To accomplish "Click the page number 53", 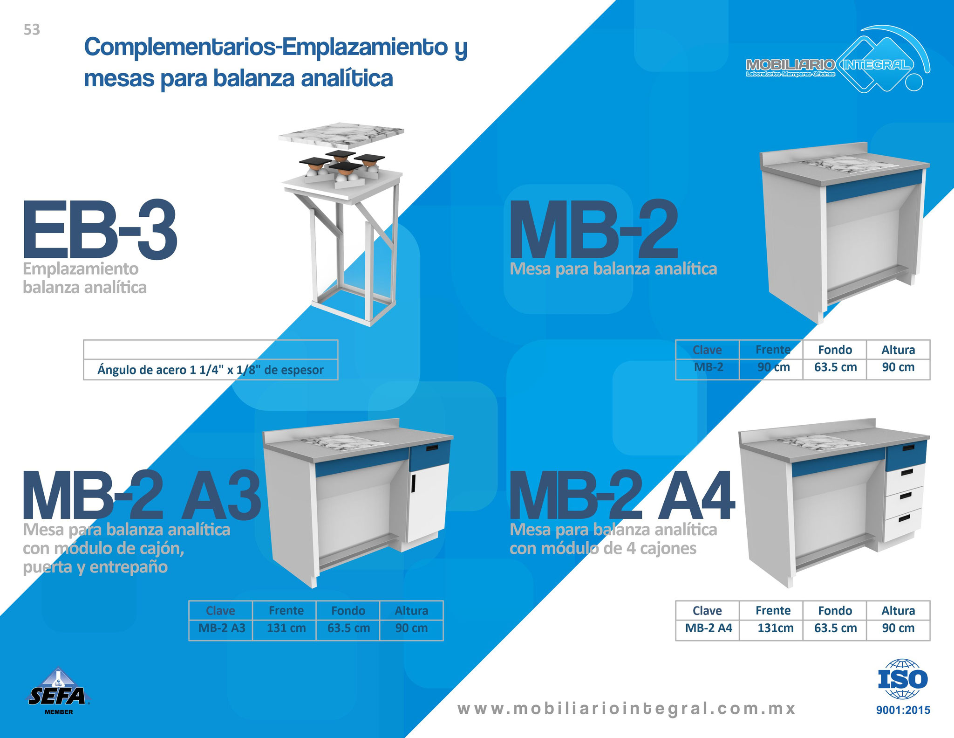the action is point(32,30).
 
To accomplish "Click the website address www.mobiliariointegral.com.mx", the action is point(627,709).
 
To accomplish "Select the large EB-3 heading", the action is point(100,230).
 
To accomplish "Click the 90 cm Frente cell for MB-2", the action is point(773,367).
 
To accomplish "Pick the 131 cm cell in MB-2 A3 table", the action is point(286,628).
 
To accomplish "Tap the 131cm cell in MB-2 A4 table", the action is point(775,628).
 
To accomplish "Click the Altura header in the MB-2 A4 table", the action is point(898,611).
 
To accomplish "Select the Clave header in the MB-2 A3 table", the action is point(220,611).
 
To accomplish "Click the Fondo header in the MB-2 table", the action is point(835,350).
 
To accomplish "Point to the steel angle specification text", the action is point(211,370).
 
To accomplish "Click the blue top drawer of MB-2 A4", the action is point(906,454).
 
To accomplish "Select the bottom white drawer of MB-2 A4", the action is point(903,523).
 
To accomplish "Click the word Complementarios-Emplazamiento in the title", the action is point(266,47).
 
